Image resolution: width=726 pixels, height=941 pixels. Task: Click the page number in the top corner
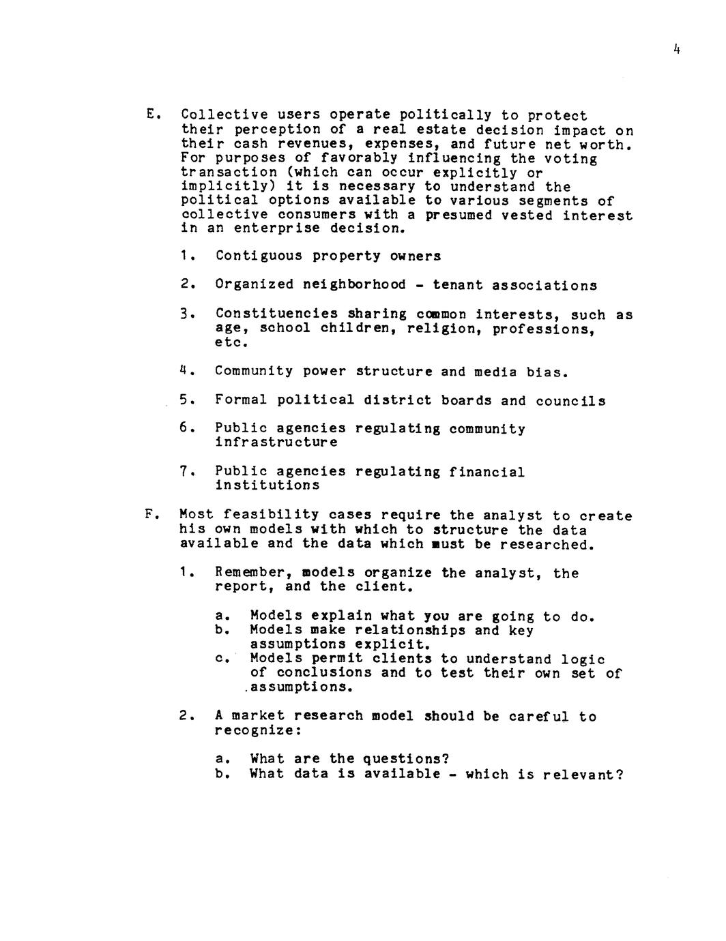click(676, 49)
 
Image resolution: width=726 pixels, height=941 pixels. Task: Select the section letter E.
click(151, 114)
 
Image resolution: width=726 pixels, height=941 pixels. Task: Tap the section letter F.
click(149, 514)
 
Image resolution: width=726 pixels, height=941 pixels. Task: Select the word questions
click(405, 759)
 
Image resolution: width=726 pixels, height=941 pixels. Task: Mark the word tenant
click(454, 286)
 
